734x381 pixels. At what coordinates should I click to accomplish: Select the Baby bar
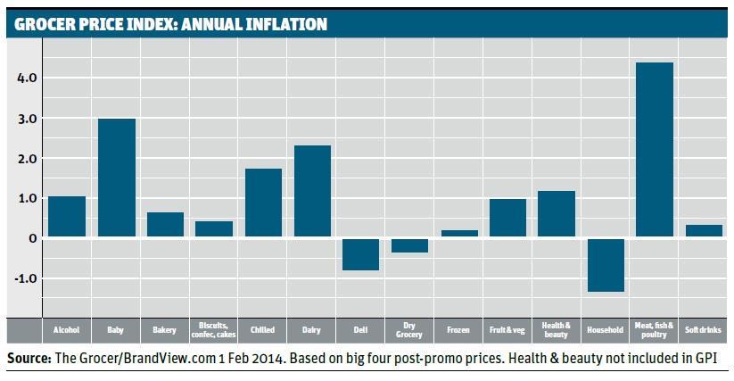pos(116,178)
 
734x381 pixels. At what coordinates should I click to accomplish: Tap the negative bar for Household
pos(606,264)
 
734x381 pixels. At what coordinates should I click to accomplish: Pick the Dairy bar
pos(312,191)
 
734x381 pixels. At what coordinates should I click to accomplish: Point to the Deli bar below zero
pos(361,253)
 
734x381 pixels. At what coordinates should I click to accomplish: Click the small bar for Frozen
pos(459,233)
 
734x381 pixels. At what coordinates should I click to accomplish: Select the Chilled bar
pos(263,203)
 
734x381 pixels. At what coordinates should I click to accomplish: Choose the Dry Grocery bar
pos(410,245)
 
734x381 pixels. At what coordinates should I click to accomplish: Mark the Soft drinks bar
pos(704,230)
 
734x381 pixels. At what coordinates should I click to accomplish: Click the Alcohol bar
pos(67,216)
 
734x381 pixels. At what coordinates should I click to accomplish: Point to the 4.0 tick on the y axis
pos(26,79)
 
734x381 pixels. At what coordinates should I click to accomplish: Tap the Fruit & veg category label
pos(507,330)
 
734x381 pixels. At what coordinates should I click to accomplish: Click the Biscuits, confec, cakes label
pos(214,330)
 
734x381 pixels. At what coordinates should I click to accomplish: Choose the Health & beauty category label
pos(557,330)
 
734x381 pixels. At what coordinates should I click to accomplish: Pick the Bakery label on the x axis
pos(165,330)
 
